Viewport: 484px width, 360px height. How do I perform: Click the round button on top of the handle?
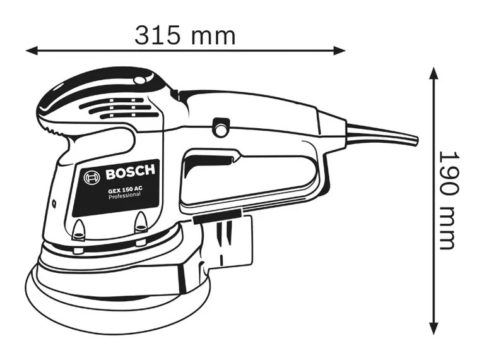click(x=221, y=126)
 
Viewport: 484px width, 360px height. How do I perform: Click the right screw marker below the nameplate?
click(x=141, y=222)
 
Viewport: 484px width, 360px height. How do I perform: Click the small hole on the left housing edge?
click(x=54, y=203)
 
